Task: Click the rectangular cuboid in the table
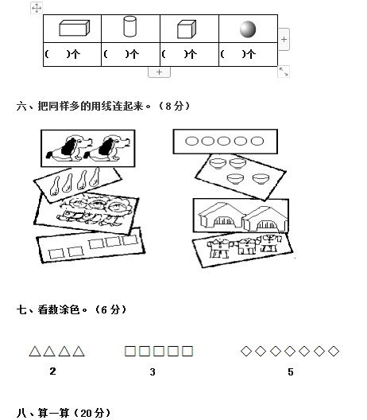(75, 28)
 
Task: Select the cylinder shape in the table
(130, 26)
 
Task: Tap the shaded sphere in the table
(248, 29)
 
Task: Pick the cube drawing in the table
(187, 29)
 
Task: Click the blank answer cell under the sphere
(248, 54)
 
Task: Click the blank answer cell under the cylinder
(131, 54)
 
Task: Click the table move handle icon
(37, 8)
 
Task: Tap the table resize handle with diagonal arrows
(284, 72)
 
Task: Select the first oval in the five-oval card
(191, 141)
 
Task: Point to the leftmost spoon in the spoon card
(55, 186)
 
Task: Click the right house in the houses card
(266, 219)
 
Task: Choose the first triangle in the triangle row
(35, 352)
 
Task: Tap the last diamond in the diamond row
(334, 351)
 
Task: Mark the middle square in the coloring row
(159, 351)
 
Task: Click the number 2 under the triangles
(52, 371)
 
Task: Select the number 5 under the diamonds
(291, 371)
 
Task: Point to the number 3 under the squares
(153, 371)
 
